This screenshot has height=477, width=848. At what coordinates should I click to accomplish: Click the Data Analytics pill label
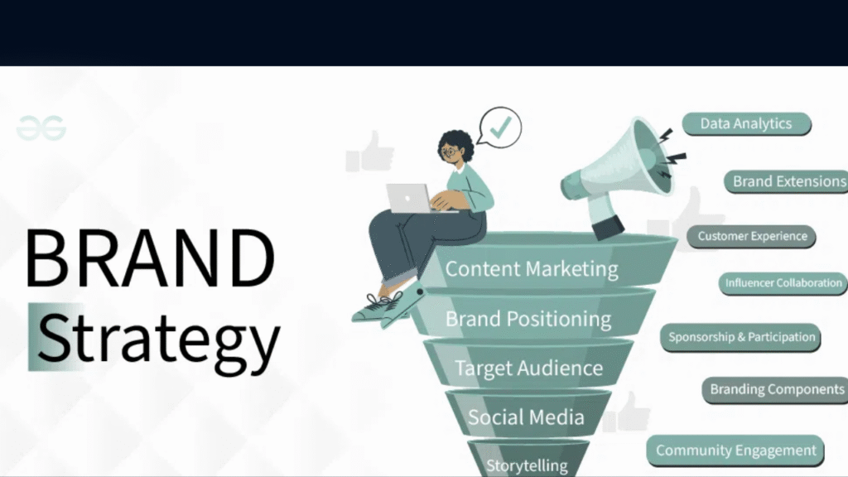tap(746, 124)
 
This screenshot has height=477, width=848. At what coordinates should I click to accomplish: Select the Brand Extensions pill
tap(787, 181)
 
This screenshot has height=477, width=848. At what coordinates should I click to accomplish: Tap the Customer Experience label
tap(752, 236)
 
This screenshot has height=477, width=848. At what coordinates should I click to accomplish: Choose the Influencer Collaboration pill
tap(783, 283)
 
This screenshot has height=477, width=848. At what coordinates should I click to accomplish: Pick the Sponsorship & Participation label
tap(742, 337)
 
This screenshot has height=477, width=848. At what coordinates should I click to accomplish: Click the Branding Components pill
tap(776, 389)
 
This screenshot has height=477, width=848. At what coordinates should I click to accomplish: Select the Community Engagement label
tap(735, 450)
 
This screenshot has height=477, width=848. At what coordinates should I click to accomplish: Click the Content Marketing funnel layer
tap(531, 269)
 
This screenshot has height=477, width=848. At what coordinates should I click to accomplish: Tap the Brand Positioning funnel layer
tap(528, 319)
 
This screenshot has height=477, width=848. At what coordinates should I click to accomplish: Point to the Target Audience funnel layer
tap(528, 368)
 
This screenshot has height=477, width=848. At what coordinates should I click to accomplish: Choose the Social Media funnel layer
tap(526, 417)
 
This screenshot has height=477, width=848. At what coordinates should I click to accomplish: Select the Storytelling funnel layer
tap(527, 465)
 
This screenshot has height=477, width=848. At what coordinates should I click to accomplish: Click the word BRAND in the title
tap(149, 257)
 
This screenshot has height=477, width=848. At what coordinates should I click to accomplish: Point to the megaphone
tap(617, 174)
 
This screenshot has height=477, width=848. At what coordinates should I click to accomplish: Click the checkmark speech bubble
tap(499, 128)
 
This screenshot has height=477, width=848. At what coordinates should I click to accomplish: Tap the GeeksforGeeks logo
tap(41, 128)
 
